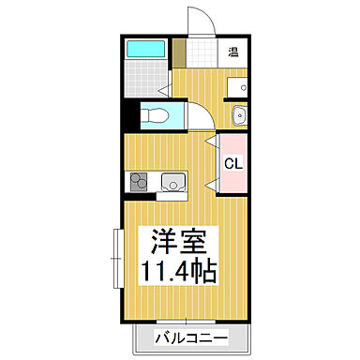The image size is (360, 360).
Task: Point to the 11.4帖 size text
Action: click(x=179, y=273)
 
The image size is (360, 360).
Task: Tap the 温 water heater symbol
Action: click(x=233, y=52)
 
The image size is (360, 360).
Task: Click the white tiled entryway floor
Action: click(x=200, y=52)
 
